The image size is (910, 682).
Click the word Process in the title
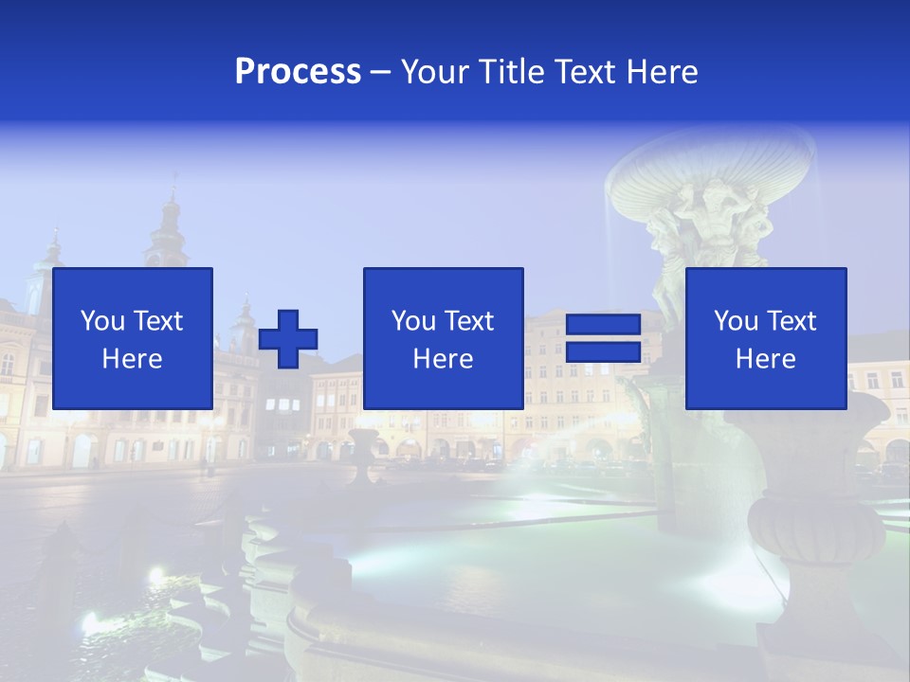[298, 71]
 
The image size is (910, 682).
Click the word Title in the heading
[513, 71]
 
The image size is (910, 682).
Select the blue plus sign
[288, 339]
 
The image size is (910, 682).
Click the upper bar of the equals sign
[603, 325]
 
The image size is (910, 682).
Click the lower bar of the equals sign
[603, 352]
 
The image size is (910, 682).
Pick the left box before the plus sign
[133, 338]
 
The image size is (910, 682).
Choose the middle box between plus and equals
[443, 338]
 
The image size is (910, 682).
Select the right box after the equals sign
[765, 338]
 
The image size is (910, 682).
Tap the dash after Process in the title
[380, 72]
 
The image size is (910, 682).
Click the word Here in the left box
[132, 359]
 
